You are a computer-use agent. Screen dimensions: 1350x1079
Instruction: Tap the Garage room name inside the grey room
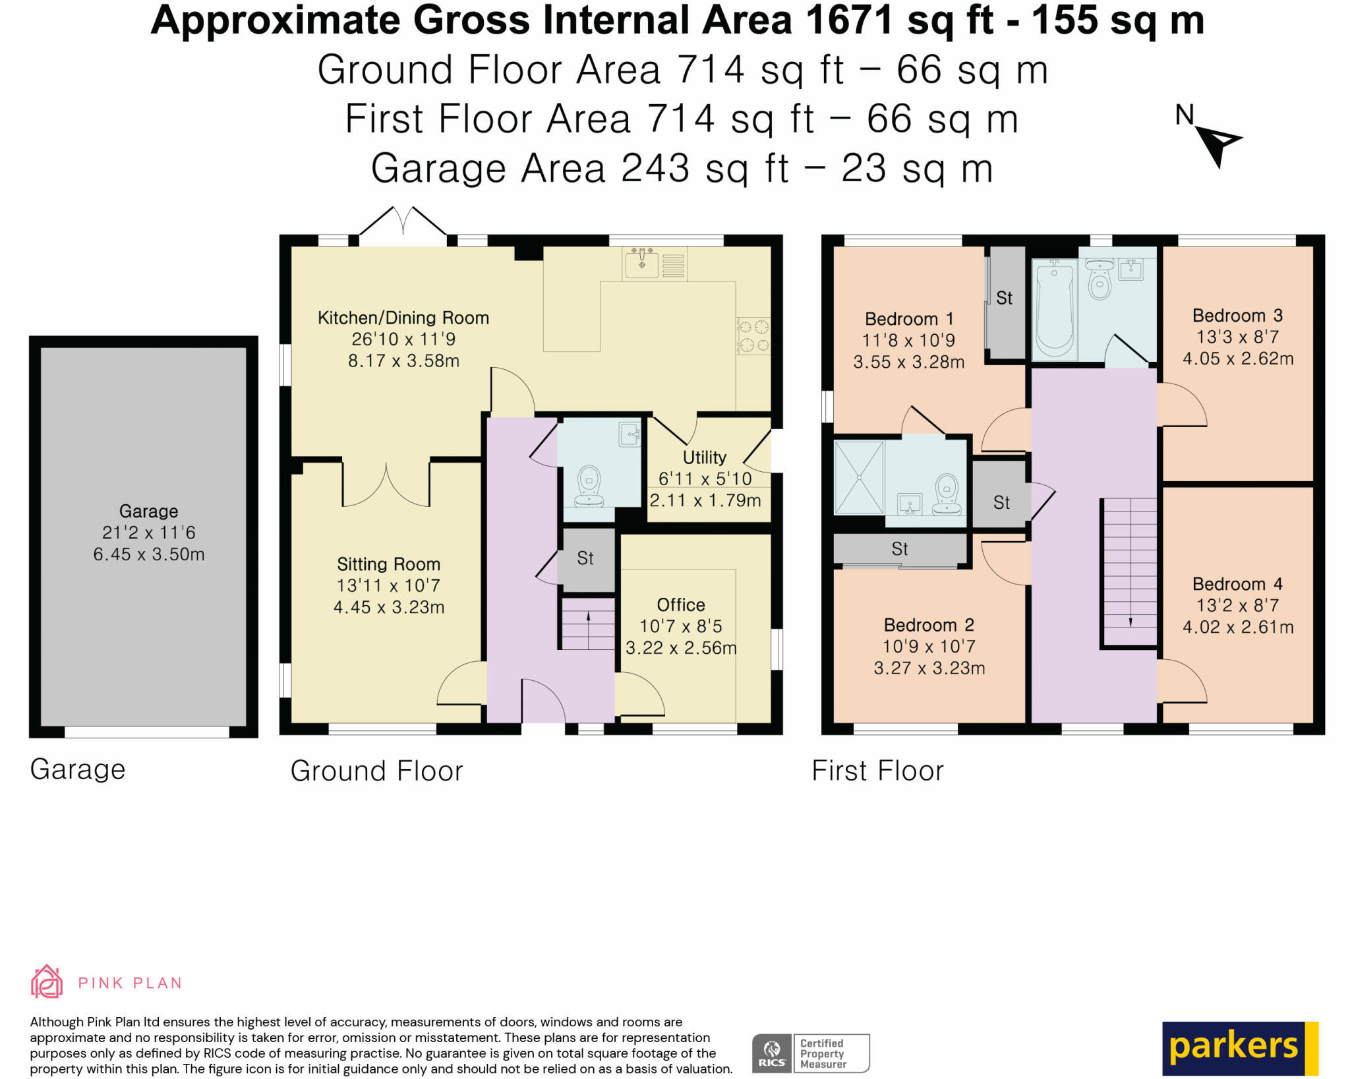(148, 511)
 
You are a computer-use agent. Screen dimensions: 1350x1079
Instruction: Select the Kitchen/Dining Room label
(403, 318)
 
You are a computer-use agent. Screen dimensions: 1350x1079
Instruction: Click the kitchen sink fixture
(641, 262)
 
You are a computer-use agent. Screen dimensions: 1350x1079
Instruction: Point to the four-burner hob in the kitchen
(753, 335)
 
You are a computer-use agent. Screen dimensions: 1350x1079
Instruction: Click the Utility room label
(705, 457)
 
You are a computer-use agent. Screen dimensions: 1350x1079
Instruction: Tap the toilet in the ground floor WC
(589, 486)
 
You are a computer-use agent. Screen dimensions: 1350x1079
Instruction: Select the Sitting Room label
(388, 564)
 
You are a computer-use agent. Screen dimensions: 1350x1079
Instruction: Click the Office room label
(681, 604)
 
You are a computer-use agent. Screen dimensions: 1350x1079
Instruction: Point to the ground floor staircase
(588, 624)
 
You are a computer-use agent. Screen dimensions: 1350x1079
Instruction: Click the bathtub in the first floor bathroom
(1055, 308)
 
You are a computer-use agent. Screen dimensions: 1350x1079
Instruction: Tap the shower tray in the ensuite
(859, 477)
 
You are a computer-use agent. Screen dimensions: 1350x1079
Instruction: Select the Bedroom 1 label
(909, 319)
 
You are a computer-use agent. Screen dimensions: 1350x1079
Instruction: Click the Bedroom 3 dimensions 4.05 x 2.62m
(1238, 359)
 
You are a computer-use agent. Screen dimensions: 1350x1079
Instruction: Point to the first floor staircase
(1130, 572)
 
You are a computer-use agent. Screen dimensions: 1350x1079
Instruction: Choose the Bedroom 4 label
(1237, 584)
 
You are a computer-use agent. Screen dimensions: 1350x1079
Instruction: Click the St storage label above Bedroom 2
(900, 548)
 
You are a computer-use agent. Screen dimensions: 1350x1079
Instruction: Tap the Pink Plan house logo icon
(47, 981)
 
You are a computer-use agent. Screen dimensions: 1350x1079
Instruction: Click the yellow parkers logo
(1240, 1048)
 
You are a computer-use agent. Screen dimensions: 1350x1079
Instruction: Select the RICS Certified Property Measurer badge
(811, 1053)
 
